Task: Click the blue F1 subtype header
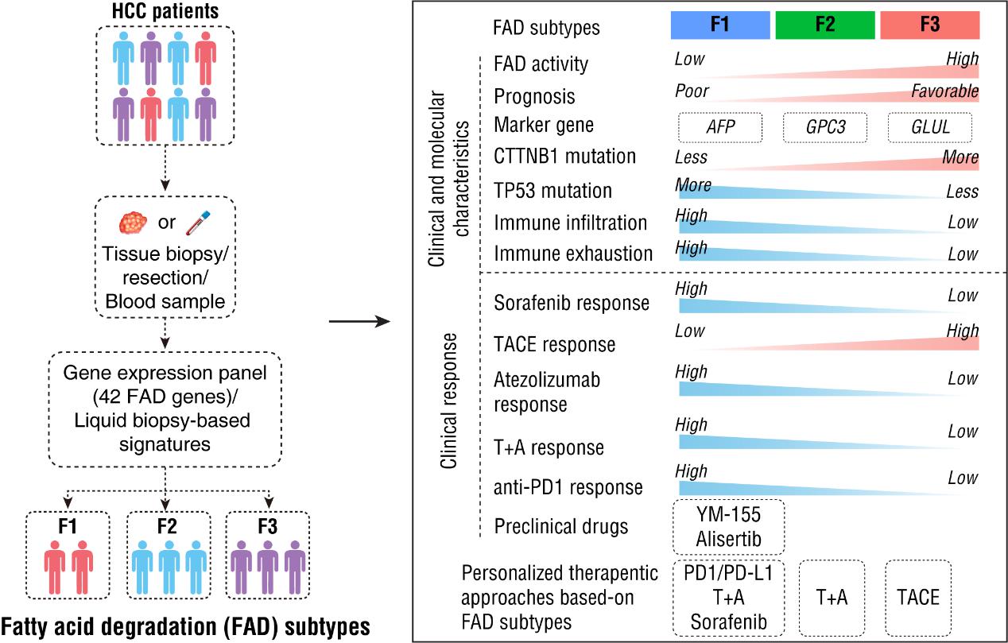click(x=719, y=25)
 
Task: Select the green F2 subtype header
click(x=824, y=25)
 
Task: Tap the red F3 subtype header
click(x=929, y=25)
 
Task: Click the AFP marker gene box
click(x=719, y=126)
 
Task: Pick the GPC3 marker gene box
click(x=824, y=126)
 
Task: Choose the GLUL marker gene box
click(x=929, y=126)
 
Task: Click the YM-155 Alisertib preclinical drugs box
click(x=728, y=526)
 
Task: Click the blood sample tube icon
click(x=196, y=220)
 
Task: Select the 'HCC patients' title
click(x=165, y=13)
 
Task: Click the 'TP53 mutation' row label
click(x=552, y=191)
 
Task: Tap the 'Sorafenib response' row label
click(x=571, y=303)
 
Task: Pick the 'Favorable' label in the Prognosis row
click(x=944, y=91)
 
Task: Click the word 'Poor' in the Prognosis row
click(x=691, y=91)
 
